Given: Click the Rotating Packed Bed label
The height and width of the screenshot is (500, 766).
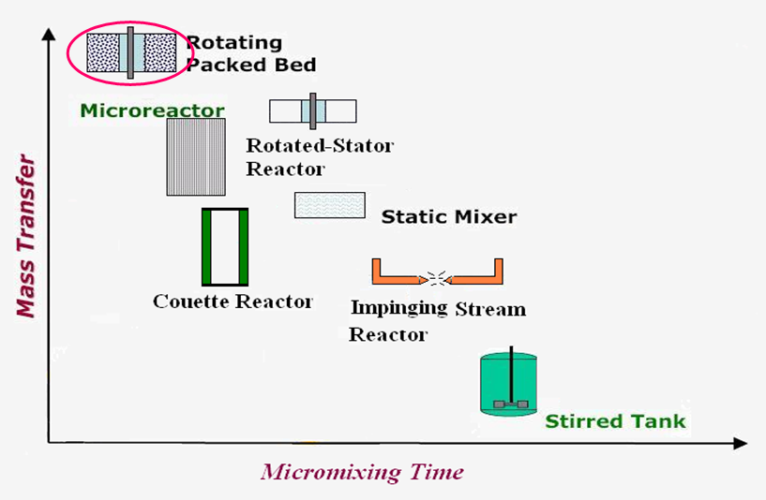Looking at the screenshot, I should (x=250, y=53).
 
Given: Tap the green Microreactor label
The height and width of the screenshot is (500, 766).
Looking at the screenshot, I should (x=152, y=110).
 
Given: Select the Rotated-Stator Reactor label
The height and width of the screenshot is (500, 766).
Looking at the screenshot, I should (x=319, y=157).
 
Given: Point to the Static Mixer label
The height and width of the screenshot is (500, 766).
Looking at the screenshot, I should (x=448, y=217).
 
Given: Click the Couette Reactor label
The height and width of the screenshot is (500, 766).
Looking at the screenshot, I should (x=233, y=301).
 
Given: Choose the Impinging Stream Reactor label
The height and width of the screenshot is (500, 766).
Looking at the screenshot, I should (x=437, y=320).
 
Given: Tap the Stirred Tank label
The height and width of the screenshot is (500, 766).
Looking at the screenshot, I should (x=615, y=421).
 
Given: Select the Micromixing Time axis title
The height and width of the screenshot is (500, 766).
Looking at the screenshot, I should (x=362, y=471).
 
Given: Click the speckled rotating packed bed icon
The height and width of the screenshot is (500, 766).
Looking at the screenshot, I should (x=131, y=51).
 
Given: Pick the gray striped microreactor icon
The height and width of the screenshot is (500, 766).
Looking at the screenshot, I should (x=196, y=156).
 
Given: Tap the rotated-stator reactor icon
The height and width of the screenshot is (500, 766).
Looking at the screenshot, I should (x=312, y=110).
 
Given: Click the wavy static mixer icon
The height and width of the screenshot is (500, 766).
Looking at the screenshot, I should (x=329, y=205).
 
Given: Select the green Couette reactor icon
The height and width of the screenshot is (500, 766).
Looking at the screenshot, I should (x=225, y=246).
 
